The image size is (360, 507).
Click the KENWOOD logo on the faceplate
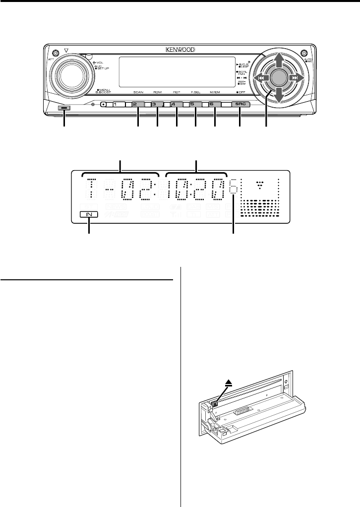(x=180, y=50)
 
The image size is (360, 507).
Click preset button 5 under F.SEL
(x=195, y=105)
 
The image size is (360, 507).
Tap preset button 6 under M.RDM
(x=214, y=105)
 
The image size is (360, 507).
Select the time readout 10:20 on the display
(x=196, y=189)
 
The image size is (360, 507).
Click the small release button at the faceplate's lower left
(x=64, y=108)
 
